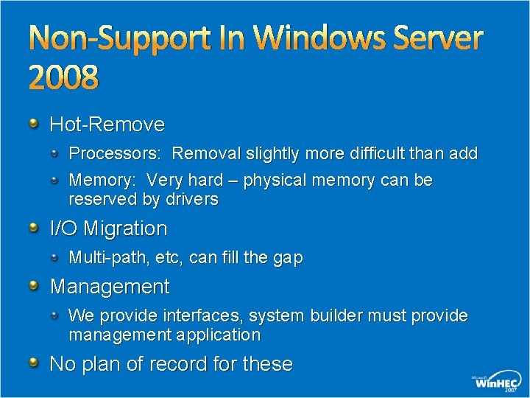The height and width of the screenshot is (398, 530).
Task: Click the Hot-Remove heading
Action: [x=107, y=124]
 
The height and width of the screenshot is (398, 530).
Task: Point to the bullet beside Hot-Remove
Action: [x=34, y=122]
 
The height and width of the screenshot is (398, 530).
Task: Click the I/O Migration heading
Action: [x=108, y=228]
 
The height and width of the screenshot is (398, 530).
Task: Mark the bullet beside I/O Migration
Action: [x=34, y=227]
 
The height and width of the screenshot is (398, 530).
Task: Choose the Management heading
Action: [x=109, y=286]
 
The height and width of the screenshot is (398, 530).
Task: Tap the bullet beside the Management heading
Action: [x=34, y=284]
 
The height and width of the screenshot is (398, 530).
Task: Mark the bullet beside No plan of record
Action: [x=34, y=363]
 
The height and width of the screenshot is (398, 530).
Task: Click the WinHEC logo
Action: [x=496, y=381]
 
